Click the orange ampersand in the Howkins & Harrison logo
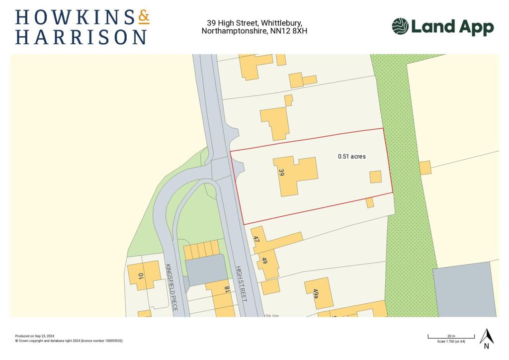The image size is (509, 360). click(143, 18)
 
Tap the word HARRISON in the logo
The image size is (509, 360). click(81, 37)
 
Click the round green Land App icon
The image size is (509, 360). click(400, 26)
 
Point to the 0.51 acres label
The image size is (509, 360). click(351, 156)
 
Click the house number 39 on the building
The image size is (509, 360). click(282, 173)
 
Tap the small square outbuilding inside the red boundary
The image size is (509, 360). click(375, 177)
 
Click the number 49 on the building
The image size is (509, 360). click(264, 261)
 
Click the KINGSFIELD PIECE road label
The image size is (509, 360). click(171, 287)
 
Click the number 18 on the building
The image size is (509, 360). click(226, 290)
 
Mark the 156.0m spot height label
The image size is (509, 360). click(271, 315)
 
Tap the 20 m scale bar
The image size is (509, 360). click(451, 338)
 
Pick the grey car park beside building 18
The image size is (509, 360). click(206, 270)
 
